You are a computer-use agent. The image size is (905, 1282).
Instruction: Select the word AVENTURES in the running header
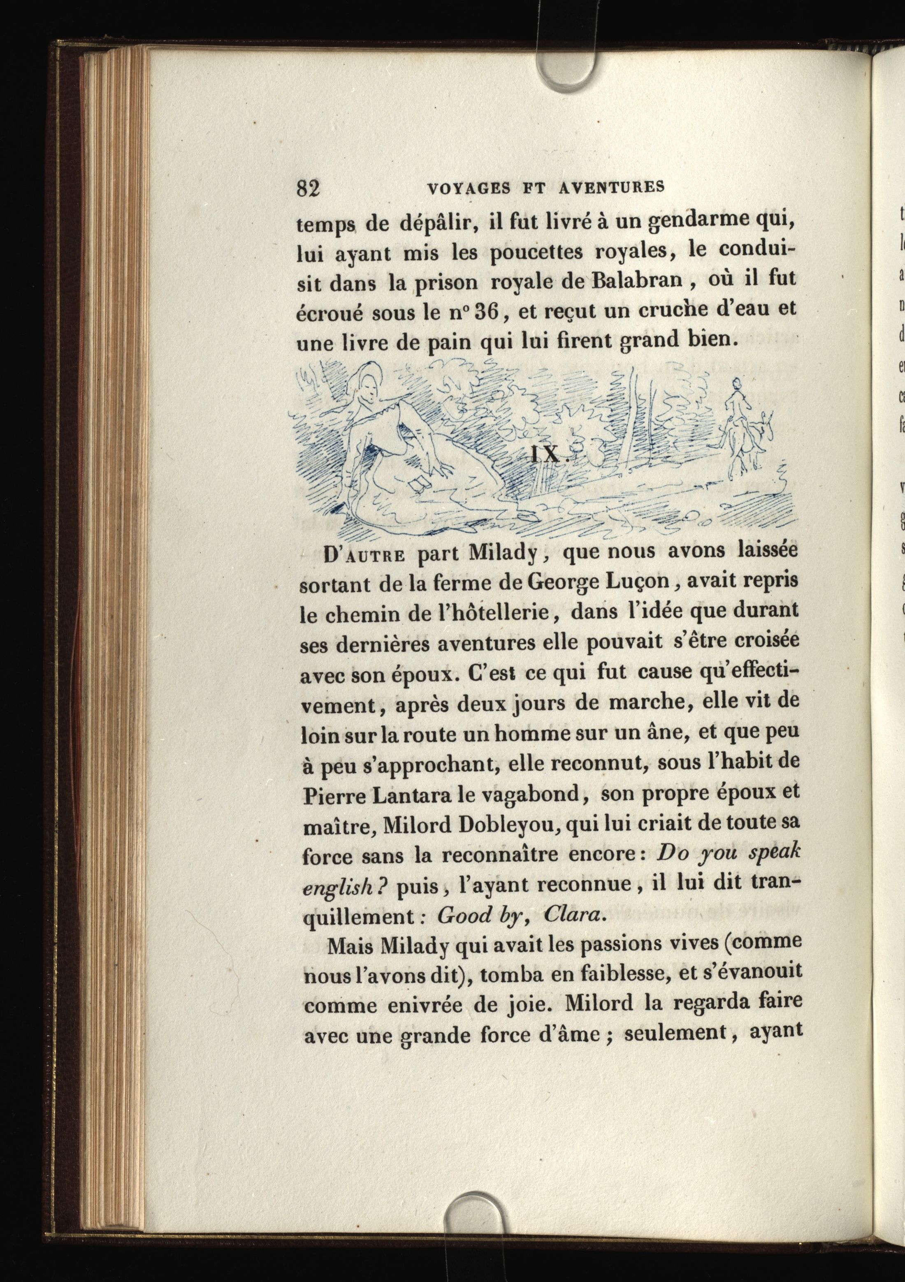[611, 187]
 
